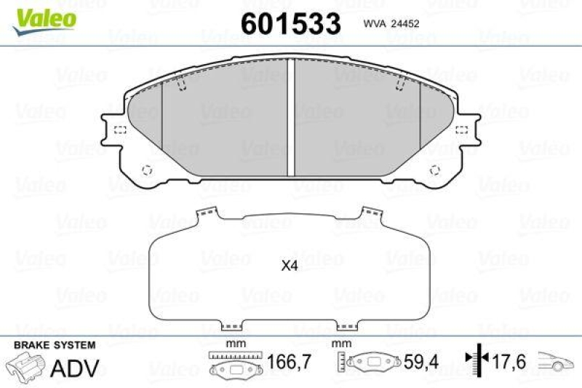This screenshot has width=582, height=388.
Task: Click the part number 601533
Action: pyautogui.click(x=290, y=24)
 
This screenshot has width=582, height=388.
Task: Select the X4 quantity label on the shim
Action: pyautogui.click(x=290, y=266)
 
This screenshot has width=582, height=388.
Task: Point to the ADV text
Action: pyautogui.click(x=74, y=368)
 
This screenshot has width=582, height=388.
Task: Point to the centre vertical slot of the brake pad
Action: pyautogui.click(x=290, y=116)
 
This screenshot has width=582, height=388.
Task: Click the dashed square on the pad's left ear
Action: pyautogui.click(x=120, y=130)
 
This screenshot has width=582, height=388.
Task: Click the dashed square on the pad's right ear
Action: pyautogui.click(x=461, y=130)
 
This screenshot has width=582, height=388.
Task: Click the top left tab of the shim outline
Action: pyautogui.click(x=208, y=215)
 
